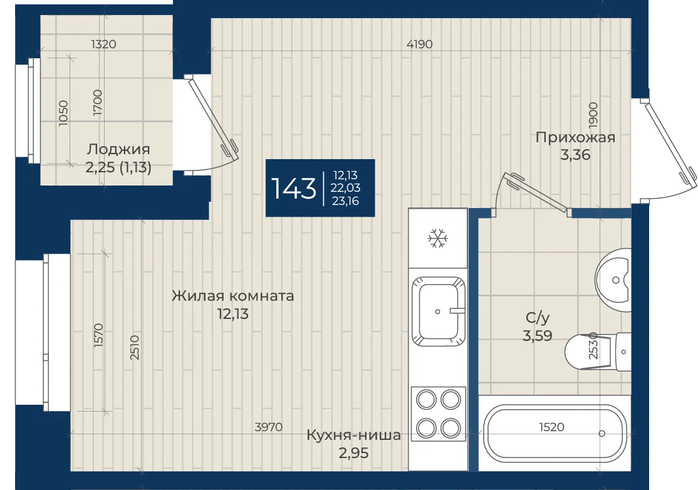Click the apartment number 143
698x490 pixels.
[x=293, y=188]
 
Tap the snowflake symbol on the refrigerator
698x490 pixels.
[x=437, y=239]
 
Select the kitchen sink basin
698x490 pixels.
[x=438, y=311]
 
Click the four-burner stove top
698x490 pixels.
[x=438, y=414]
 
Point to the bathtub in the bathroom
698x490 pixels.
[x=555, y=433]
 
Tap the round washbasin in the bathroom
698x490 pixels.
[x=613, y=280]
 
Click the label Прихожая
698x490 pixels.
[x=575, y=137]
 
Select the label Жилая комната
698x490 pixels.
[x=233, y=296]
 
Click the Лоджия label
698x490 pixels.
[x=118, y=149]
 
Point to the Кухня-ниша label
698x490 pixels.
[x=354, y=435]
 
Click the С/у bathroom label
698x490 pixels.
[x=538, y=317]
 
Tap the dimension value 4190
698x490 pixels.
[x=419, y=44]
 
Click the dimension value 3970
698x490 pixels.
[x=268, y=427]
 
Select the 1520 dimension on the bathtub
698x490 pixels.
[x=551, y=427]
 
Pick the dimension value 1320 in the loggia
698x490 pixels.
[x=103, y=44]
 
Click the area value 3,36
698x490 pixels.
[x=575, y=155]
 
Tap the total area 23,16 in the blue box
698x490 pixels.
[x=345, y=201]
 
